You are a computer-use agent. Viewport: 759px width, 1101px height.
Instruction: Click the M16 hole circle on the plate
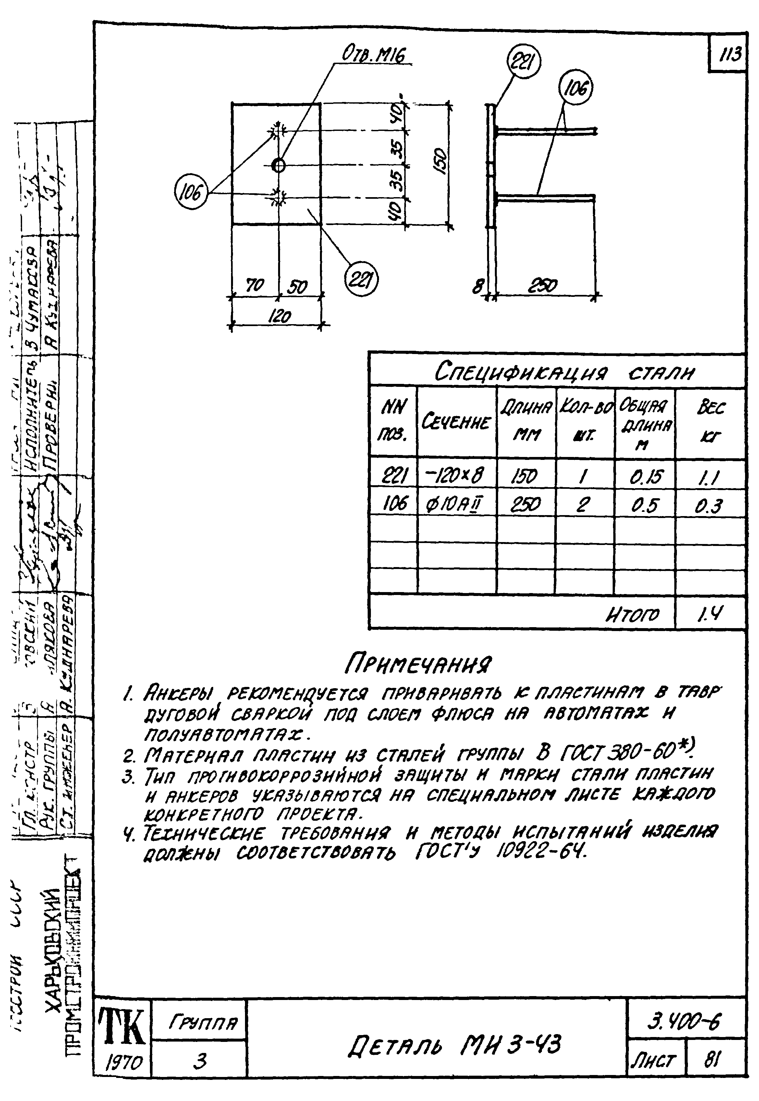[278, 165]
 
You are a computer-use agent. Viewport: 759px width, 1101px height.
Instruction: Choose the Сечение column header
[456, 422]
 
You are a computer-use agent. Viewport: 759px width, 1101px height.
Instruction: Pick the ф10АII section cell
[456, 503]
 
